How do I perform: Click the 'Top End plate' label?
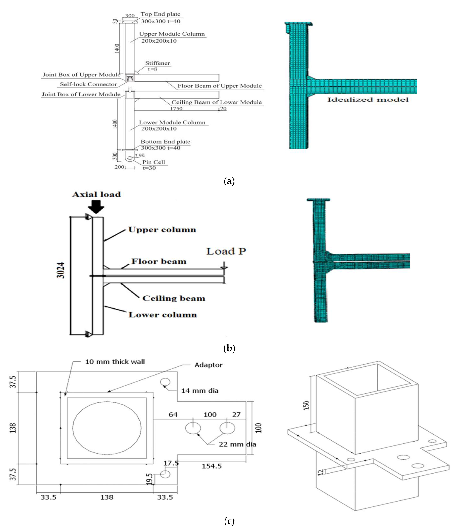(160, 14)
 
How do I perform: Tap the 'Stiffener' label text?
(157, 63)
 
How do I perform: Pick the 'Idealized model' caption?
(368, 100)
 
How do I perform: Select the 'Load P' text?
(226, 251)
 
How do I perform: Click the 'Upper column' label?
(162, 230)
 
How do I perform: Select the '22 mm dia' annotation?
(237, 444)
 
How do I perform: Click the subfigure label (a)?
(229, 181)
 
